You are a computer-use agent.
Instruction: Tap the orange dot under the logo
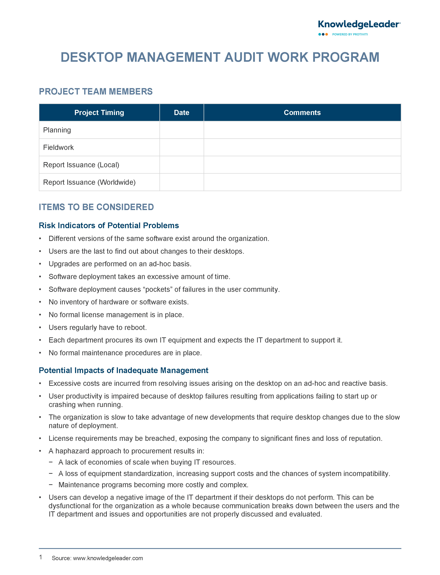(327, 34)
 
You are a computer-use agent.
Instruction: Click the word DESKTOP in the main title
(92, 57)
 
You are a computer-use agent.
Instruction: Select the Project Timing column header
(99, 113)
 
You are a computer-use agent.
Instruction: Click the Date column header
(182, 113)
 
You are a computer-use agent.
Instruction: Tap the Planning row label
(57, 130)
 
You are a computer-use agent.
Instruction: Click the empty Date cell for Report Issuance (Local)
(182, 165)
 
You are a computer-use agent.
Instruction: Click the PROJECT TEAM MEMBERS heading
(96, 92)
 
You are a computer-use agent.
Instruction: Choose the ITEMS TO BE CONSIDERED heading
(96, 207)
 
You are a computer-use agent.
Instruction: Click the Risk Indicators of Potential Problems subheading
(109, 225)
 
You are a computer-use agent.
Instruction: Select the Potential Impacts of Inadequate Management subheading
(123, 370)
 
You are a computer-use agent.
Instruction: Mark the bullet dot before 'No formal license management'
(40, 315)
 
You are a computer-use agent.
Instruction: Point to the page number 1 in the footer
(41, 557)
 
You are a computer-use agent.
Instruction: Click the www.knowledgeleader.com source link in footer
(108, 558)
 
